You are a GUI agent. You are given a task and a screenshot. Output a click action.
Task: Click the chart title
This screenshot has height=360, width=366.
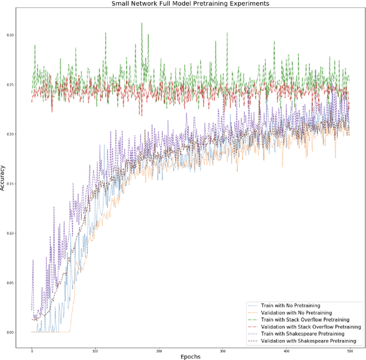click(x=183, y=3)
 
